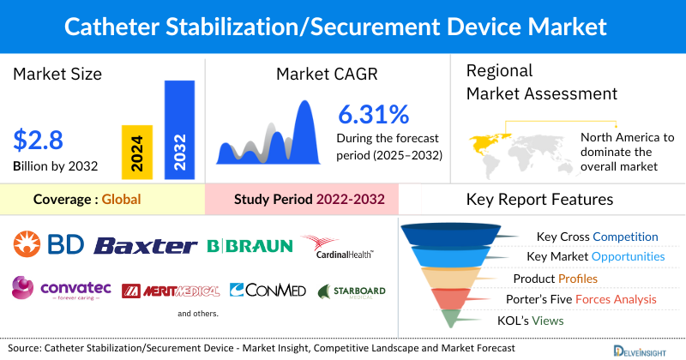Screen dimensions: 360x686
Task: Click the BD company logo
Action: pyautogui.click(x=49, y=246)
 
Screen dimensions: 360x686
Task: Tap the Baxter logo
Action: pyautogui.click(x=145, y=246)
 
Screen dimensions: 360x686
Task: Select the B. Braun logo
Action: pyautogui.click(x=250, y=247)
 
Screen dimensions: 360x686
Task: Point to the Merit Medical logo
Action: pyautogui.click(x=171, y=291)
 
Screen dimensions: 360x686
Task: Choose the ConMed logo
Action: pyautogui.click(x=268, y=291)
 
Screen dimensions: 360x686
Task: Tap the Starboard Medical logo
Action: pyautogui.click(x=352, y=291)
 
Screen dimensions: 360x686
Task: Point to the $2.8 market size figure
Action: pyautogui.click(x=39, y=139)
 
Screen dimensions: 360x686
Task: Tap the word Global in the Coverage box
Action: pyautogui.click(x=121, y=200)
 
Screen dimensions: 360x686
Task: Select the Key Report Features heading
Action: pyautogui.click(x=539, y=200)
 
